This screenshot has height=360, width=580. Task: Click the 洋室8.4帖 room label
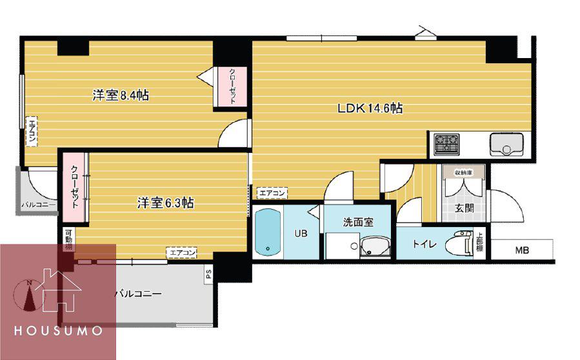tap(121, 95)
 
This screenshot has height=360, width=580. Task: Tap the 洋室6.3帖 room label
tap(165, 203)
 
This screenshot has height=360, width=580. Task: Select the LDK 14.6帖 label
tap(370, 108)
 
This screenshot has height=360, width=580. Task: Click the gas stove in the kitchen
tap(447, 144)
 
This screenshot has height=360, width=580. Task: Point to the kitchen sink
tap(506, 144)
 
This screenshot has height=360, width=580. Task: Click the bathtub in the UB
tap(268, 232)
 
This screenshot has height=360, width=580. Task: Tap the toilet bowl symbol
tap(460, 245)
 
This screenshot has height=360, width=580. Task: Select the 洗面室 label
tap(358, 222)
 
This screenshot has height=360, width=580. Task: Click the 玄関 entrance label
tap(465, 208)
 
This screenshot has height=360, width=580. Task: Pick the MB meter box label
tap(522, 250)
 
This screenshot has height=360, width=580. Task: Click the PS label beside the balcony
tap(208, 274)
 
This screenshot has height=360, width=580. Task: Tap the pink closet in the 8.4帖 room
tap(232, 86)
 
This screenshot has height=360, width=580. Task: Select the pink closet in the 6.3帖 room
tap(75, 188)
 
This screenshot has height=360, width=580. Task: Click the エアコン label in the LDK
tap(272, 193)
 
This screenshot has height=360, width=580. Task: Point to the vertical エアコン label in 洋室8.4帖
tap(32, 132)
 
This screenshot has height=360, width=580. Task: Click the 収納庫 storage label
tap(464, 173)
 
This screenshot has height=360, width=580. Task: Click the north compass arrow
tap(30, 295)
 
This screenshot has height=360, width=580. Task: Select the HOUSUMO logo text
tap(59, 330)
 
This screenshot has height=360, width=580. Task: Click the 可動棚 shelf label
tap(69, 239)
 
